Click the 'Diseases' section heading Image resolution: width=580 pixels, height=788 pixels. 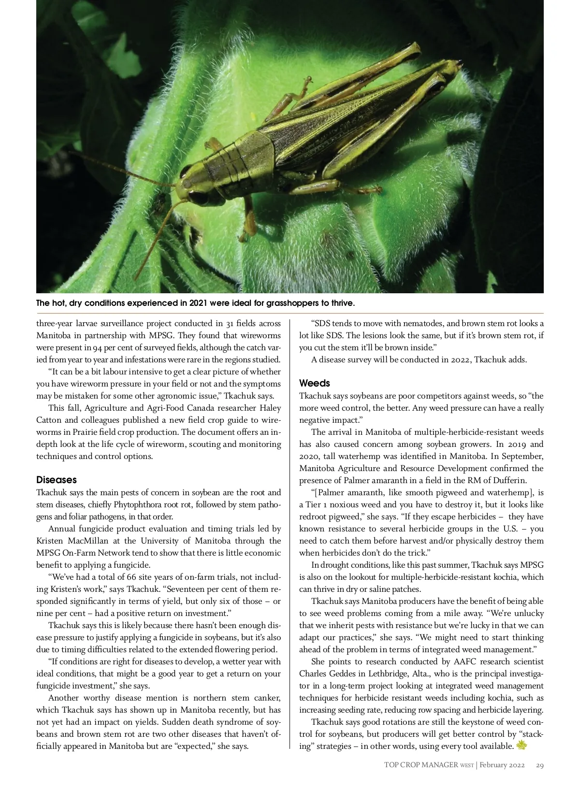57,480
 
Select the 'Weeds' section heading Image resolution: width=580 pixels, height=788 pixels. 315,383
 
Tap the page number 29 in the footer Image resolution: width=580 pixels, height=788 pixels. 540,765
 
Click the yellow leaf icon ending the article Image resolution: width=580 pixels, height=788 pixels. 522,745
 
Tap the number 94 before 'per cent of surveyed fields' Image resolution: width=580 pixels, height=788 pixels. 98,348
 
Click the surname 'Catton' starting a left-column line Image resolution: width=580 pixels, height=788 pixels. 48,420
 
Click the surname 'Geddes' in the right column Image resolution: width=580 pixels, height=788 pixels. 341,674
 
